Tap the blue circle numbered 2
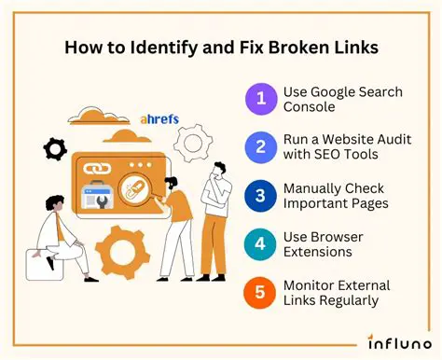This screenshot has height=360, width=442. click(x=262, y=147)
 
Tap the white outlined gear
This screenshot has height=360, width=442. click(x=197, y=145)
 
